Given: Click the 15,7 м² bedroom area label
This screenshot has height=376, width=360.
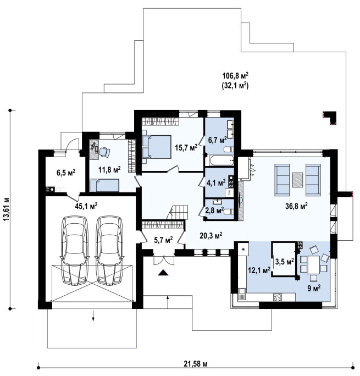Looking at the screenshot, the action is click(x=186, y=147).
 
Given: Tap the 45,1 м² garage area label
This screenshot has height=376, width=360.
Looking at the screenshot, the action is click(x=86, y=206).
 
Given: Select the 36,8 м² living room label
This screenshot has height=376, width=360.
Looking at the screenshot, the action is click(x=296, y=206).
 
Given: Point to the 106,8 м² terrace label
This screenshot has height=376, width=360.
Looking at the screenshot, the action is click(x=235, y=76).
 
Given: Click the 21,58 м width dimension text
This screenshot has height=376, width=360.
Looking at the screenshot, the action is click(x=196, y=364).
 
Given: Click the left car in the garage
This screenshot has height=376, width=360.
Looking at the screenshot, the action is click(x=75, y=250).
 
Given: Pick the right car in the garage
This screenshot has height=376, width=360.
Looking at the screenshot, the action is click(x=109, y=250).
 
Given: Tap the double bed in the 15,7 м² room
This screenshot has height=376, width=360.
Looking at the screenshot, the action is click(x=157, y=147).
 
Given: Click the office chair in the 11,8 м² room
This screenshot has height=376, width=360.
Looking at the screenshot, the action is click(x=104, y=152).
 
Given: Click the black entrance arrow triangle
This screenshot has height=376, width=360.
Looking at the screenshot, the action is click(x=163, y=273).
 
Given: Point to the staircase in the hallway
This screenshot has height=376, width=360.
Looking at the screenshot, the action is click(x=178, y=212).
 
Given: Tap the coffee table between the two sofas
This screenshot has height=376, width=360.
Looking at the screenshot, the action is click(x=297, y=180).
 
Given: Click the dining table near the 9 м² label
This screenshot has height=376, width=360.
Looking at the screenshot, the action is click(x=314, y=265).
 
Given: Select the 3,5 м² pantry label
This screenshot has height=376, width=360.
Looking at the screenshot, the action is click(x=285, y=262).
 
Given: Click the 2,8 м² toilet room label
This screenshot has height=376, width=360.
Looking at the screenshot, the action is click(x=214, y=211).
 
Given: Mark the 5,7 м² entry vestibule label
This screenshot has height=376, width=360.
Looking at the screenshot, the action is click(x=163, y=240).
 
